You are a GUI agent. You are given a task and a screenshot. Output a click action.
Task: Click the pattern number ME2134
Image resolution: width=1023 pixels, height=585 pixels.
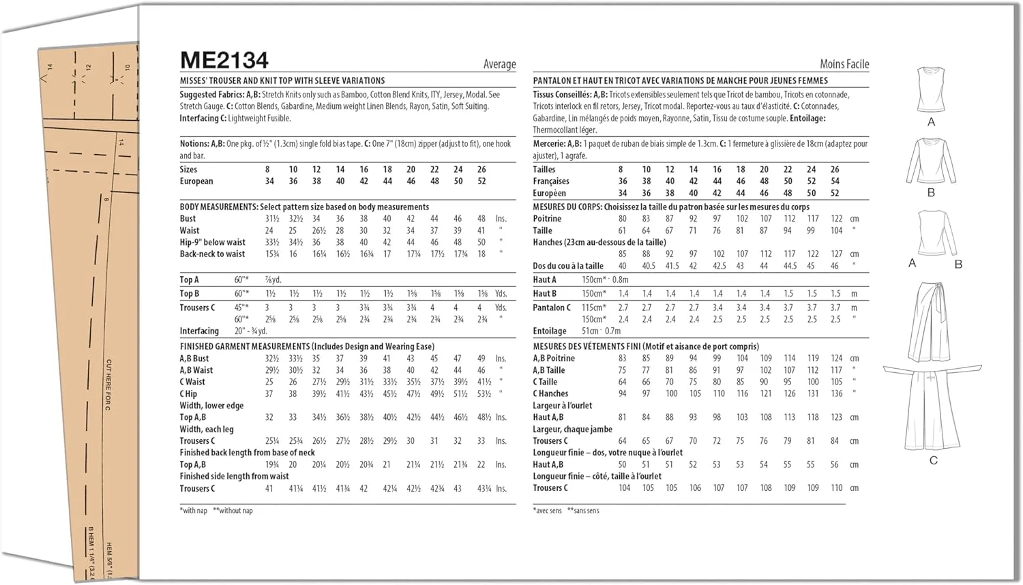pyautogui.click(x=224, y=60)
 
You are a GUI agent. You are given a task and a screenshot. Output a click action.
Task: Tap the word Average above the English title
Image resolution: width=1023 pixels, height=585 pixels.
pyautogui.click(x=499, y=64)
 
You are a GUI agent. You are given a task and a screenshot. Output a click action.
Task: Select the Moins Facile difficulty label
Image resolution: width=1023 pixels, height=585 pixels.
pyautogui.click(x=844, y=64)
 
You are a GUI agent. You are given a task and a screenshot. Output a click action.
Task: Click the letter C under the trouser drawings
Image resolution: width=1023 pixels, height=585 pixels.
pyautogui.click(x=933, y=460)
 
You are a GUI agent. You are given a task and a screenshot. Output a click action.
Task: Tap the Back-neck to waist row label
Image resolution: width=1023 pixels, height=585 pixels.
pyautogui.click(x=212, y=254)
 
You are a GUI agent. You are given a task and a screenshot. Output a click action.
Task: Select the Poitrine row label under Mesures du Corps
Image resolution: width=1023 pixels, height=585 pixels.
pyautogui.click(x=547, y=219)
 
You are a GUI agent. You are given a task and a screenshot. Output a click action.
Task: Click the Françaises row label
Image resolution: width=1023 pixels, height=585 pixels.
pyautogui.click(x=550, y=181)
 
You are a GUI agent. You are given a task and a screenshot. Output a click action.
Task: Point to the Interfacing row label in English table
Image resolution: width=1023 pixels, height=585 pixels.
pyautogui.click(x=199, y=331)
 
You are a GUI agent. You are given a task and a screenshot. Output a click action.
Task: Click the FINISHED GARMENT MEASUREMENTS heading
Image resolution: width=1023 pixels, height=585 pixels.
pyautogui.click(x=244, y=346)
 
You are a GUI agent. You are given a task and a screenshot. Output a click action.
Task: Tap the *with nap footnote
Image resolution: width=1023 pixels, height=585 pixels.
pyautogui.click(x=194, y=510)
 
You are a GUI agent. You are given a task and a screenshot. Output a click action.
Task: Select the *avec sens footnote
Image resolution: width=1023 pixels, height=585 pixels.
pyautogui.click(x=548, y=510)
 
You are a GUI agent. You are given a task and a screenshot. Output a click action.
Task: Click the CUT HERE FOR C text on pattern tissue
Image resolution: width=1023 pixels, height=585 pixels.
pyautogui.click(x=108, y=385)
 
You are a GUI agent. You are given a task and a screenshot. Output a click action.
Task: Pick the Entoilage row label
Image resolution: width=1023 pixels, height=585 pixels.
pyautogui.click(x=549, y=331)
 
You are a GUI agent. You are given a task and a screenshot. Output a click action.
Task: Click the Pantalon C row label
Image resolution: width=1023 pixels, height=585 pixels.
pyautogui.click(x=551, y=307)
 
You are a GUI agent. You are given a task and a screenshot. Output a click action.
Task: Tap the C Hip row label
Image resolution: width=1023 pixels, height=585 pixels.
pyautogui.click(x=188, y=393)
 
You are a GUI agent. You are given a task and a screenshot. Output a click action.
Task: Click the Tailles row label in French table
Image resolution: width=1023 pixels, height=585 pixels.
pyautogui.click(x=544, y=169)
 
